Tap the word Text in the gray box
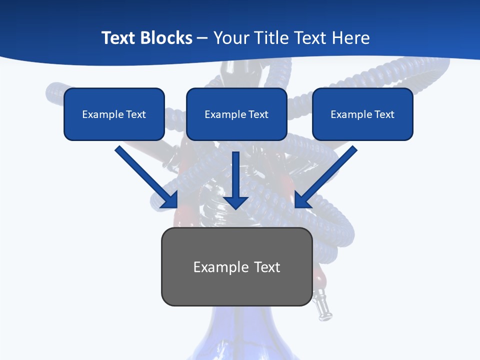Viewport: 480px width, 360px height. coord(267,267)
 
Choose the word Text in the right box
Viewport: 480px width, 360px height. coord(384,114)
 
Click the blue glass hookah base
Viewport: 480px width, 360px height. coord(235,335)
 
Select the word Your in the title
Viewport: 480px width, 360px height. coord(229,38)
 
